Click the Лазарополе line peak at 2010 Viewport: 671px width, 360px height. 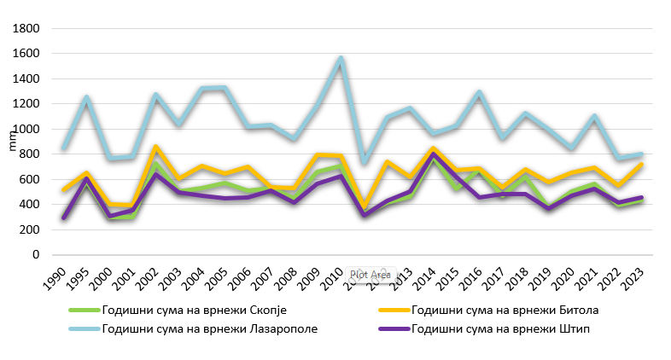[341, 59]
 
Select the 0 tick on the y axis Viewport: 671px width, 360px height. [36, 255]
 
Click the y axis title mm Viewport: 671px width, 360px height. [11, 142]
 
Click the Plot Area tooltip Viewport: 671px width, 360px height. [370, 275]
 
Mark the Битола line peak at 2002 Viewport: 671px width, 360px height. [155, 148]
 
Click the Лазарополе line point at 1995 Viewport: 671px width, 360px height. [85, 98]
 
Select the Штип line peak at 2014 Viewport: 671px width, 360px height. [434, 154]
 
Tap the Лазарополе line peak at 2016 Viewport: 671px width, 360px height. [480, 92]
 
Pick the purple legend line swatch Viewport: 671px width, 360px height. [388, 329]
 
